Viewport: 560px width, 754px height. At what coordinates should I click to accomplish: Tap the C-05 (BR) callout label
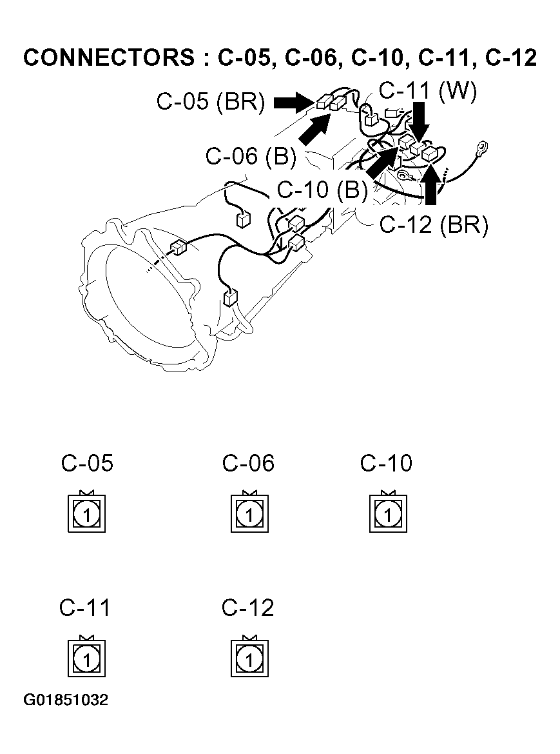[x=211, y=103]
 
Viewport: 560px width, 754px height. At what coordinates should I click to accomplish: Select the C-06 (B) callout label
[x=250, y=157]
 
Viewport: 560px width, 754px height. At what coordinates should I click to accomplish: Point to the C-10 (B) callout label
[x=322, y=190]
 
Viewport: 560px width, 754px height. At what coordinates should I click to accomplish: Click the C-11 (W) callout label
[x=428, y=91]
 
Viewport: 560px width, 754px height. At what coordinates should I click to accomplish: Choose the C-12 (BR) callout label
[x=434, y=224]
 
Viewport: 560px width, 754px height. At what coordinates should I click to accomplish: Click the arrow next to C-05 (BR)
[x=292, y=102]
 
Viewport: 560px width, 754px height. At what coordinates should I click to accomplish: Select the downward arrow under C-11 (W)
[x=421, y=123]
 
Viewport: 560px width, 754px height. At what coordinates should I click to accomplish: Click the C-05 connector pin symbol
[x=86, y=513]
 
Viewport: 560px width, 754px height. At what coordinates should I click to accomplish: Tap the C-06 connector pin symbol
[x=249, y=513]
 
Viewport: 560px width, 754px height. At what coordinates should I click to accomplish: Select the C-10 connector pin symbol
[x=387, y=513]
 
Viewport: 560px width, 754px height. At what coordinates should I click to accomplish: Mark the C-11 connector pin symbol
[x=86, y=658]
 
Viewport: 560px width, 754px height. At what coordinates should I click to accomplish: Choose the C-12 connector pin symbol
[x=249, y=658]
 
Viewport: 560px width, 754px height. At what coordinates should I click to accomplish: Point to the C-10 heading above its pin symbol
[x=386, y=463]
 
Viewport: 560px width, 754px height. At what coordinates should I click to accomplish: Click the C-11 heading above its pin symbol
[x=85, y=608]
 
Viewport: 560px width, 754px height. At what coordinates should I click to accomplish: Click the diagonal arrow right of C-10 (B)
[x=382, y=161]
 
